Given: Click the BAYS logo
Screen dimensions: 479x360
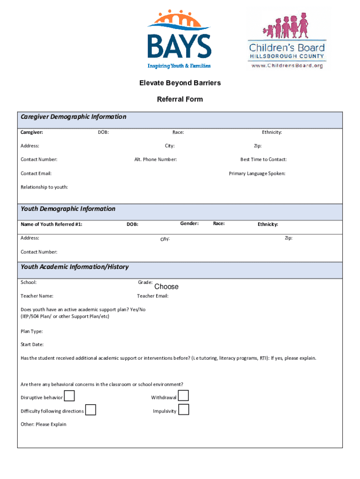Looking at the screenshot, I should click(180, 40).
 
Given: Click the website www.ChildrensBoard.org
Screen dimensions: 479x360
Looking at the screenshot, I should click(287, 66).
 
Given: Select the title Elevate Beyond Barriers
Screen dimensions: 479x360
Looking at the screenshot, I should click(180, 83).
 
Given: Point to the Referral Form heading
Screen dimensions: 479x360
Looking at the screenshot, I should click(180, 99).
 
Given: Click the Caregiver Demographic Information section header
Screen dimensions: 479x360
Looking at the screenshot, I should click(73, 117).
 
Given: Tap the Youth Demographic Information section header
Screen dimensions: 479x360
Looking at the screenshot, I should click(68, 209).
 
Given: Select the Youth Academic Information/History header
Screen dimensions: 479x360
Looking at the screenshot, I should click(74, 267).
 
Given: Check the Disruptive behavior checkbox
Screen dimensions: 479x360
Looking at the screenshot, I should click(69, 396).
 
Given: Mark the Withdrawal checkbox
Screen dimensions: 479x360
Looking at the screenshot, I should click(184, 396).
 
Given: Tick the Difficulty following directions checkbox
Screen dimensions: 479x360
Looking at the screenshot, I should click(91, 410).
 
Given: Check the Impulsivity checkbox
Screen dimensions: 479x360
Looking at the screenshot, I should click(184, 410).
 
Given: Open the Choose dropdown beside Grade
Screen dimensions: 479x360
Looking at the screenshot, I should click(166, 287).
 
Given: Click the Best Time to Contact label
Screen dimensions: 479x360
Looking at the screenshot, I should click(263, 160).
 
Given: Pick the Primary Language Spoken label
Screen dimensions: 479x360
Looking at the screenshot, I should click(257, 174).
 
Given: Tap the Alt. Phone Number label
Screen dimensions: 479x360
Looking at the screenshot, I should click(155, 160).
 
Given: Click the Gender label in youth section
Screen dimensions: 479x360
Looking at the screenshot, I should click(189, 223).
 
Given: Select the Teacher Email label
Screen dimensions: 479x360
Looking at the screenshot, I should click(152, 296).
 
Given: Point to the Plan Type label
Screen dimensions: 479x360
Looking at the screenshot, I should click(32, 332).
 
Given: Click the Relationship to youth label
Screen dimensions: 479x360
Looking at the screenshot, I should click(44, 187).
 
